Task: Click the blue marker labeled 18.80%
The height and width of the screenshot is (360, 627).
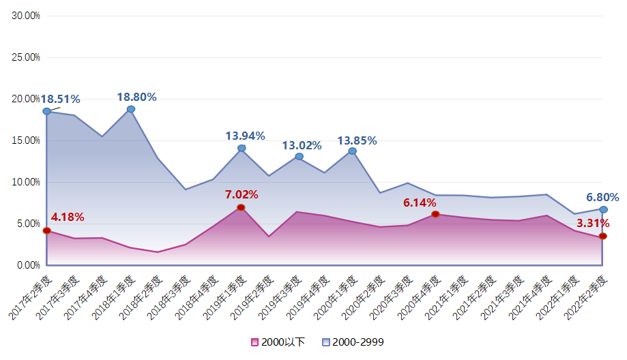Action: (x=131, y=109)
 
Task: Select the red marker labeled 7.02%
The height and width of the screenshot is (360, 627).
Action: (x=241, y=207)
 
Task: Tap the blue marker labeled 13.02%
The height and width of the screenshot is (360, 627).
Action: (x=299, y=157)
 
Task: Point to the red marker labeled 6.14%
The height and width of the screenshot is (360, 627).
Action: (x=435, y=214)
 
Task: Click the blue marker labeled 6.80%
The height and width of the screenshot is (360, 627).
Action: (x=603, y=209)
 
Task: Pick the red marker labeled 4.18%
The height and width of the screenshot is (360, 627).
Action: (x=46, y=230)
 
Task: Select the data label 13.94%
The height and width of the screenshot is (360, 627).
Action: (x=245, y=136)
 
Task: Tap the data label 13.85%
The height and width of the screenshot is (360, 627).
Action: (x=357, y=140)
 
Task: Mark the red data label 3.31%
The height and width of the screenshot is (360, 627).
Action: (x=593, y=223)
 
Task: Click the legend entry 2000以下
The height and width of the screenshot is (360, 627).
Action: (x=276, y=342)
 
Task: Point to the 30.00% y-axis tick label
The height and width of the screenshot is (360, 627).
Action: (x=27, y=16)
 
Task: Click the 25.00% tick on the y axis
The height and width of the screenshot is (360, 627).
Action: (x=27, y=57)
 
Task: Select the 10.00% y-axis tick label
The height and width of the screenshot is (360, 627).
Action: (x=27, y=182)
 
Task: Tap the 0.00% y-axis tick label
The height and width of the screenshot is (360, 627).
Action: (x=28, y=265)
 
